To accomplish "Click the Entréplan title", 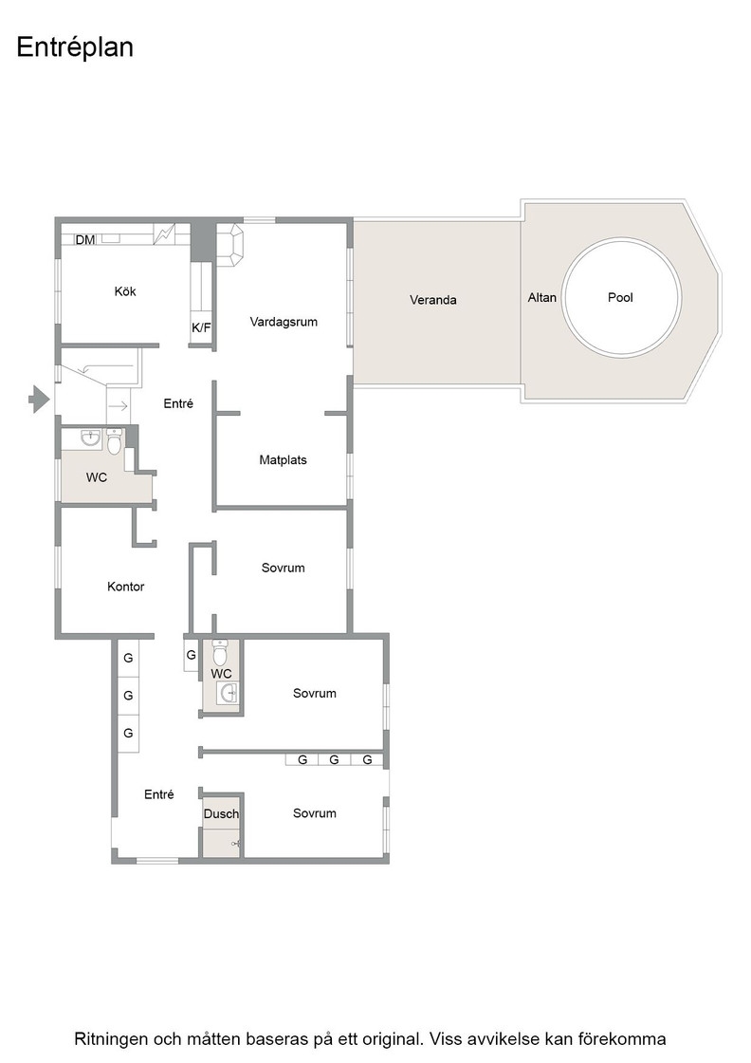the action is click(x=75, y=48).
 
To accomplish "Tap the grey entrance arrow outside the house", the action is click(x=39, y=399).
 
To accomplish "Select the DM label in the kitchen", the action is click(x=85, y=239).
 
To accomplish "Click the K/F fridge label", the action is click(x=201, y=328).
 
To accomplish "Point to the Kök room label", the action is click(x=125, y=291).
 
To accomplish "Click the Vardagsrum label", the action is click(x=284, y=322).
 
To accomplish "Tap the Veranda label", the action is click(x=432, y=300).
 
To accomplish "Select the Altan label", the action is click(x=542, y=297).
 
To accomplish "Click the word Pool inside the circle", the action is click(x=620, y=297).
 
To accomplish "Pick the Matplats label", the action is click(x=284, y=459).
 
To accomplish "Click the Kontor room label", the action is click(x=126, y=587).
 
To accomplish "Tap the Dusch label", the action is click(x=222, y=813).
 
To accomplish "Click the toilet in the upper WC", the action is click(x=115, y=441).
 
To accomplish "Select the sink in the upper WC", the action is click(x=90, y=438).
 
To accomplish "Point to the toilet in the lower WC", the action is click(x=220, y=652).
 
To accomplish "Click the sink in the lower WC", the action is click(x=229, y=693).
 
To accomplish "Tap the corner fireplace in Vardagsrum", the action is click(x=229, y=245).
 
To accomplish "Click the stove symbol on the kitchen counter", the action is click(x=164, y=234).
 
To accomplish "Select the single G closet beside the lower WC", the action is click(x=191, y=655).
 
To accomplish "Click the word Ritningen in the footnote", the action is click(x=109, y=1039).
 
